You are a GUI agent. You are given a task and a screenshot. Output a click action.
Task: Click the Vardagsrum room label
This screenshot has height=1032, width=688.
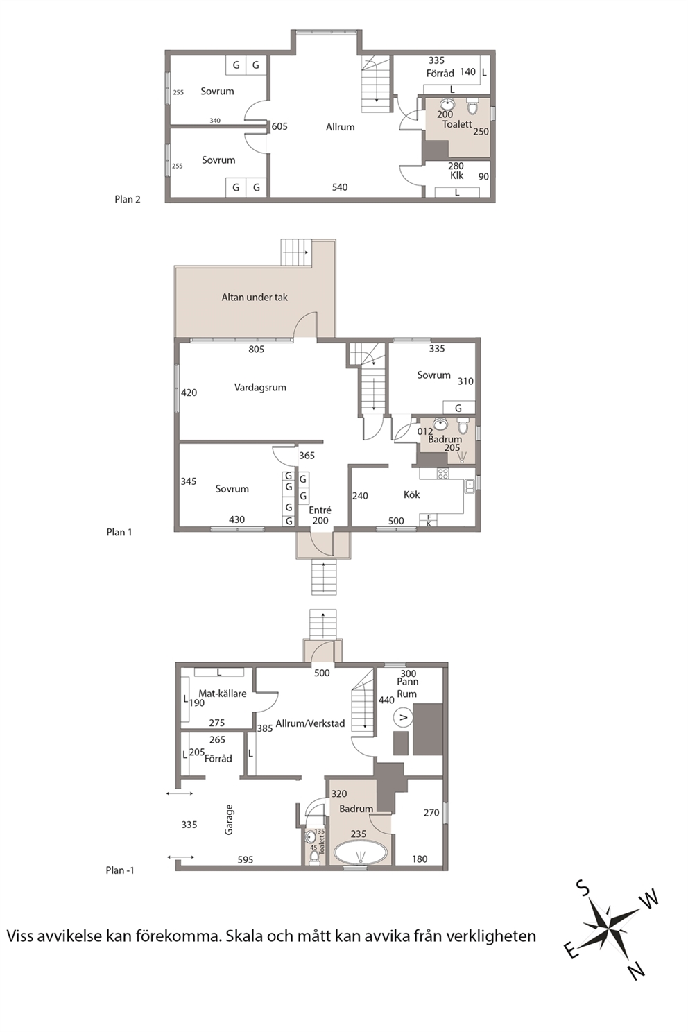click(260, 388)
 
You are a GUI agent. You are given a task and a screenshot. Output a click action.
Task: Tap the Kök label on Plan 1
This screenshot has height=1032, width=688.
click(411, 495)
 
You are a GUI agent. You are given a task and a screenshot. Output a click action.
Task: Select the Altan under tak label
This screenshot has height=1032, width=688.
click(255, 297)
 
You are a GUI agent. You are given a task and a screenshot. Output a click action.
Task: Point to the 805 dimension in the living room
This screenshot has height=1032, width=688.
click(256, 350)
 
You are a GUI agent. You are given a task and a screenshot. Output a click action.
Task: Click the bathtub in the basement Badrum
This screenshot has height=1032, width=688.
click(360, 854)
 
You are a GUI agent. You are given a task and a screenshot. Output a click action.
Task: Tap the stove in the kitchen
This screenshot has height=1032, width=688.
click(443, 474)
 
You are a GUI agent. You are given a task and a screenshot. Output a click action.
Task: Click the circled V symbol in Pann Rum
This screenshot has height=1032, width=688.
click(402, 717)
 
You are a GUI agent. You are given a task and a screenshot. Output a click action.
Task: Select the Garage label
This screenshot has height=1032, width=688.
click(229, 820)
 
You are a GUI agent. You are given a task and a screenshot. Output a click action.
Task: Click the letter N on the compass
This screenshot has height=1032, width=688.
click(637, 970)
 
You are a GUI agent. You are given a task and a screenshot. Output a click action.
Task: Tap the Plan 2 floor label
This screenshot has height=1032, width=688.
click(127, 199)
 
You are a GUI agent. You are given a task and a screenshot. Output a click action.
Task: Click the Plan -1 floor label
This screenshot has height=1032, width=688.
click(120, 870)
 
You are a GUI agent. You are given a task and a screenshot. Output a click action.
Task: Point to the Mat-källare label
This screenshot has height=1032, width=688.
click(222, 694)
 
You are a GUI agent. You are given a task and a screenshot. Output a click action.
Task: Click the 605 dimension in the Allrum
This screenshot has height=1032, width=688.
click(279, 126)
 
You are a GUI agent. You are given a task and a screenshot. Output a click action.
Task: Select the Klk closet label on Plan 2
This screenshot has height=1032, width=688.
click(456, 175)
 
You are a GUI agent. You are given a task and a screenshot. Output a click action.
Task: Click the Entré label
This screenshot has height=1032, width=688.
click(320, 510)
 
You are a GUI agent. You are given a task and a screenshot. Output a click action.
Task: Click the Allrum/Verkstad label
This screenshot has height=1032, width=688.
click(310, 723)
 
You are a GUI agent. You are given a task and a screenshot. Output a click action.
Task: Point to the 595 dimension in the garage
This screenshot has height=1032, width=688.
click(245, 859)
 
